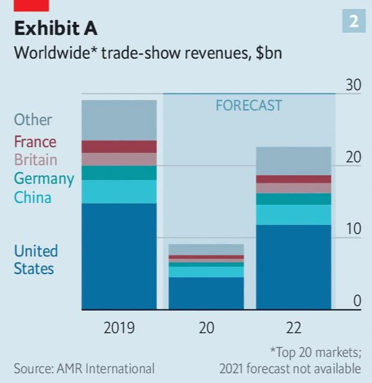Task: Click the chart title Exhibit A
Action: pyautogui.click(x=56, y=28)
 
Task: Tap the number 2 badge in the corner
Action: pyautogui.click(x=353, y=22)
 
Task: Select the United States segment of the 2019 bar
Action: pyautogui.click(x=119, y=256)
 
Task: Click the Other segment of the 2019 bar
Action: pyautogui.click(x=119, y=120)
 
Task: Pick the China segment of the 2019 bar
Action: pyautogui.click(x=119, y=191)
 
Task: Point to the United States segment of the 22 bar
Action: pyautogui.click(x=294, y=267)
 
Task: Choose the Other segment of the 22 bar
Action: pyautogui.click(x=294, y=161)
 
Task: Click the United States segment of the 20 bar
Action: pyautogui.click(x=206, y=293)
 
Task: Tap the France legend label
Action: pyautogui.click(x=35, y=142)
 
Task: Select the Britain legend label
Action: pyautogui.click(x=36, y=160)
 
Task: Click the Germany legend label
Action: pyautogui.click(x=44, y=179)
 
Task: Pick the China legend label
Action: pyautogui.click(x=33, y=197)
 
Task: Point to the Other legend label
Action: pyautogui.click(x=33, y=119)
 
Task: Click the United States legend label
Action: pyautogui.click(x=36, y=260)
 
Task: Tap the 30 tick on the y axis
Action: pyautogui.click(x=353, y=85)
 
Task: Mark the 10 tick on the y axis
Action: pyautogui.click(x=353, y=229)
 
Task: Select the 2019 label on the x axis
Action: pyautogui.click(x=119, y=327)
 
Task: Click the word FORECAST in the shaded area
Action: pyautogui.click(x=248, y=105)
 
